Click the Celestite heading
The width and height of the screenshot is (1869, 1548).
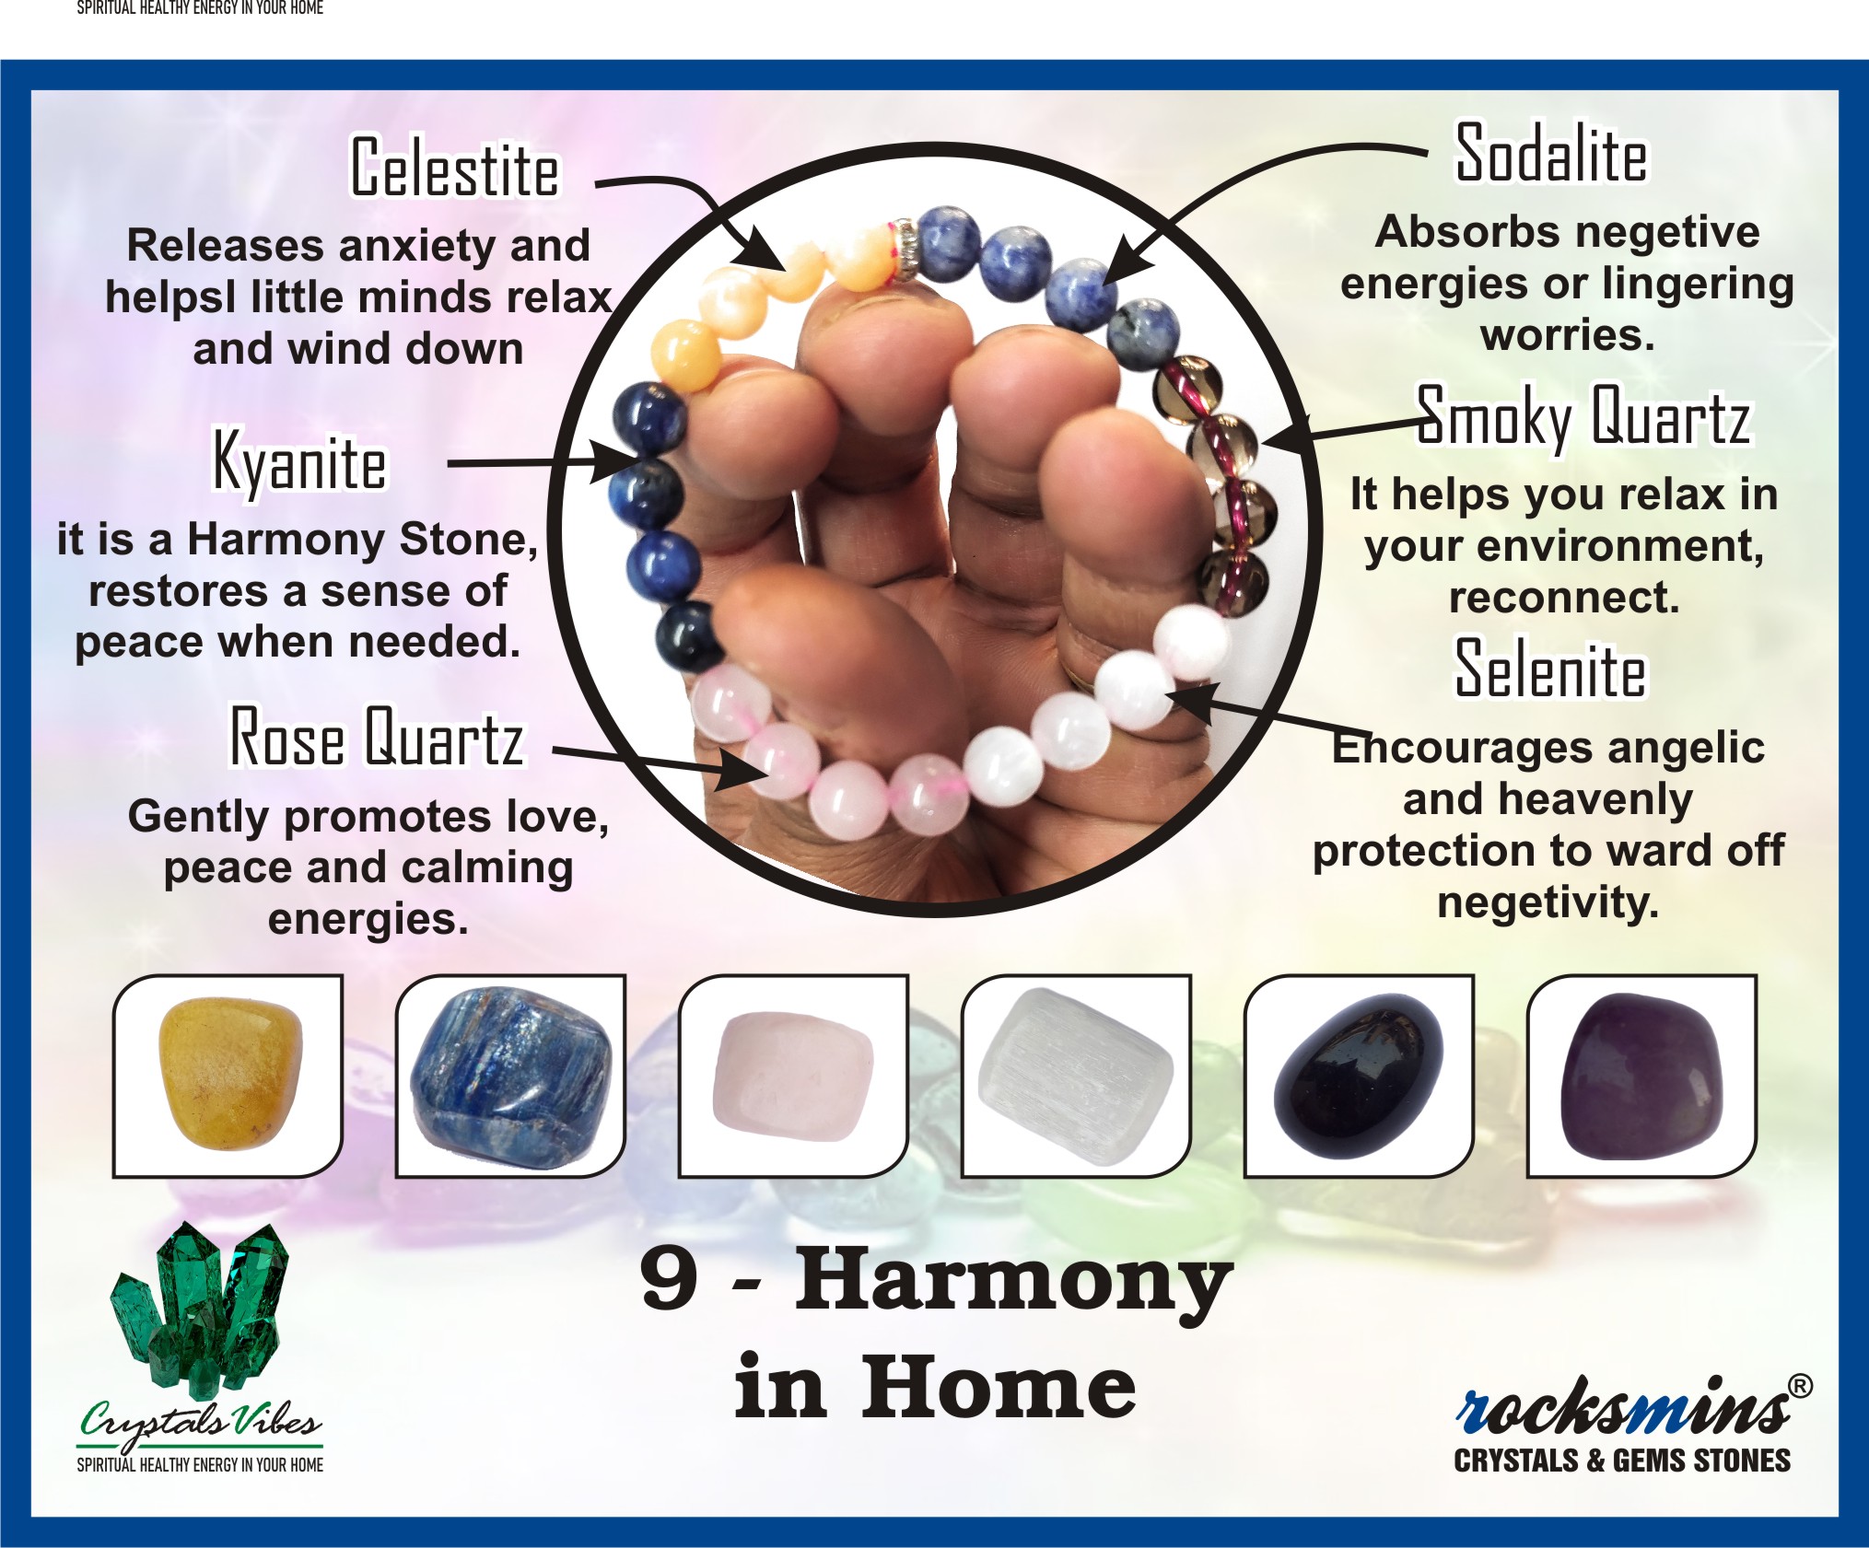455,168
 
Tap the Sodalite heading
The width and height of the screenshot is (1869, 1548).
1551,154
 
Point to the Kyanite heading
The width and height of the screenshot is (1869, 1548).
300,461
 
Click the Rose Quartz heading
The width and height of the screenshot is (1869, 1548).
376,737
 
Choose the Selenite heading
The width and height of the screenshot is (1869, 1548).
1550,669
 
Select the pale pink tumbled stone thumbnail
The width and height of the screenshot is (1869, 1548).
793,1076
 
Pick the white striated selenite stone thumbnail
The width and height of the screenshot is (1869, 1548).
1076,1076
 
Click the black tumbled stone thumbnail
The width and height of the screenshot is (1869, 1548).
1358,1074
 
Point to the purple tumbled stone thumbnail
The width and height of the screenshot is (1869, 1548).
1641,1074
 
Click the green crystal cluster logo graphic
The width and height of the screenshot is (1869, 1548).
201,1308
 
